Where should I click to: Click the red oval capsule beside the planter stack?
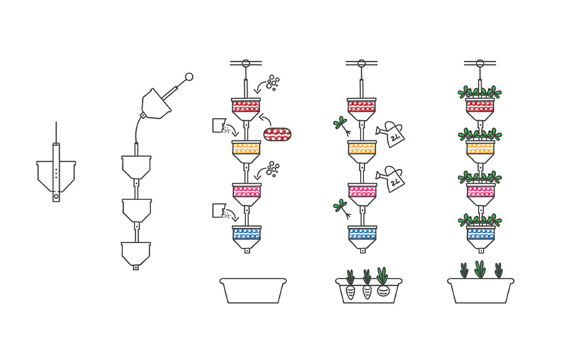[x=278, y=134]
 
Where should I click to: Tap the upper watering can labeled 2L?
[x=392, y=134]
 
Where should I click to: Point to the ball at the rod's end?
[x=189, y=76]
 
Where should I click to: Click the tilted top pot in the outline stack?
[x=155, y=103]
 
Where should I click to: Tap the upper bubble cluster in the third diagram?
[x=273, y=82]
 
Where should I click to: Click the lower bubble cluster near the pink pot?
[x=272, y=170]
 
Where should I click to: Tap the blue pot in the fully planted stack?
[x=480, y=233]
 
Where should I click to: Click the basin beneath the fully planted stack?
[x=480, y=290]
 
